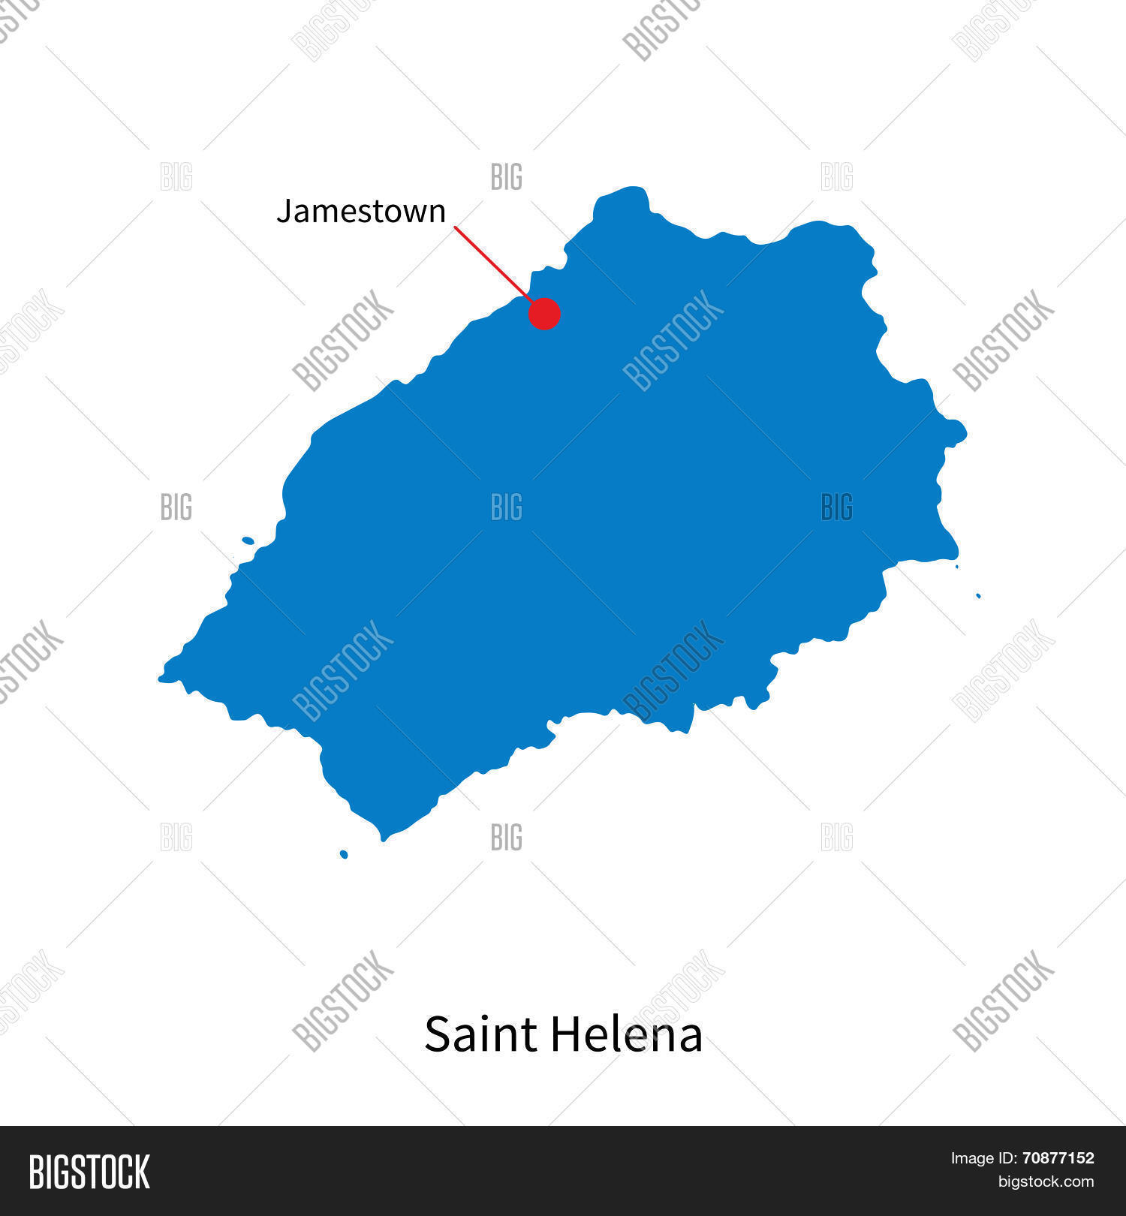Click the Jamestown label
click(361, 212)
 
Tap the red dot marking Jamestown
click(544, 314)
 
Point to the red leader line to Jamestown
click(492, 263)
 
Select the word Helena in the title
click(627, 1034)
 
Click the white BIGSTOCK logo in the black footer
click(89, 1172)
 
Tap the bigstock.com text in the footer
click(1046, 1181)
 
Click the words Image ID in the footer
click(980, 1158)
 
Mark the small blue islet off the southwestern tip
click(344, 854)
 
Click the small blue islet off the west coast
click(248, 540)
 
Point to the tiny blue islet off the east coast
click(978, 596)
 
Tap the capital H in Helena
click(564, 1034)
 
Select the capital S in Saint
click(438, 1034)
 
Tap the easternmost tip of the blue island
click(965, 432)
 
